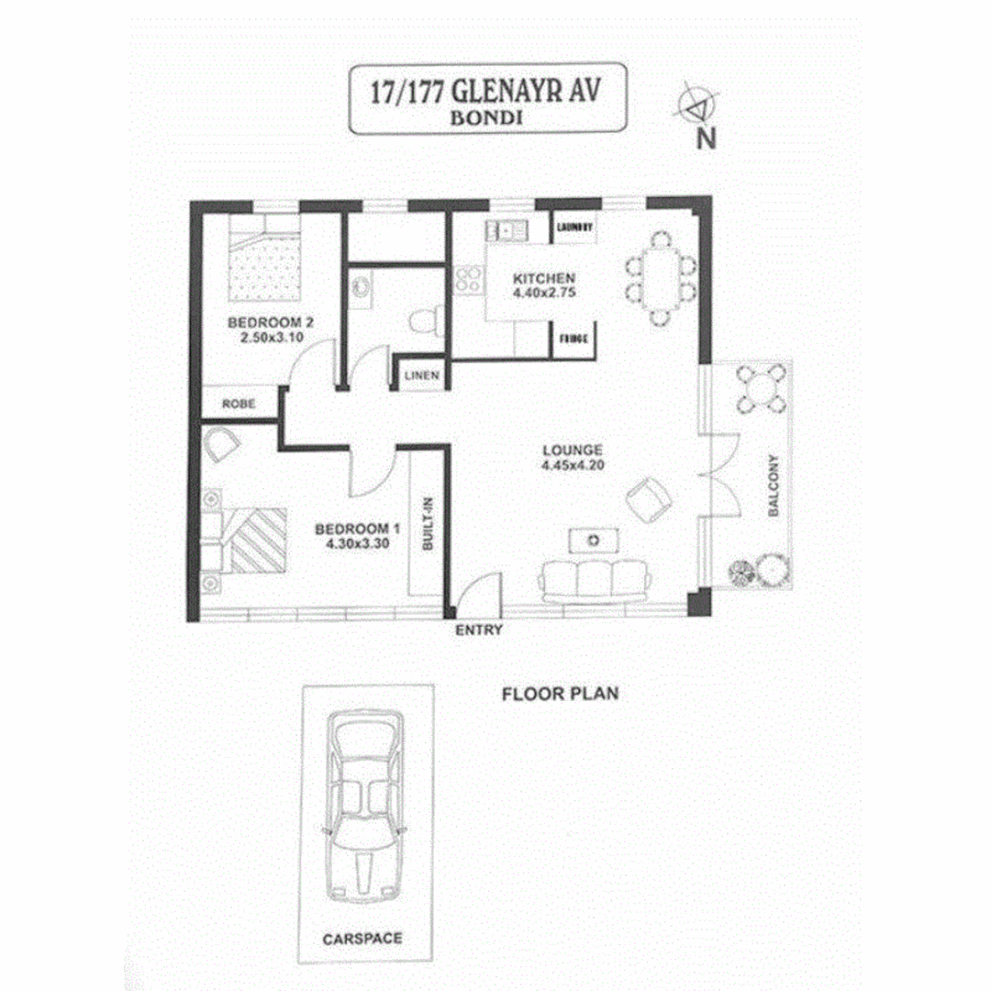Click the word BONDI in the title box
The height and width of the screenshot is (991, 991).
pyautogui.click(x=486, y=118)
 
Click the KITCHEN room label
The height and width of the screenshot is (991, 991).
pyautogui.click(x=544, y=278)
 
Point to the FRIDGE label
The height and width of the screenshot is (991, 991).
pyautogui.click(x=573, y=340)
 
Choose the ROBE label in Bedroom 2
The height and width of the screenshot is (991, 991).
pyautogui.click(x=239, y=403)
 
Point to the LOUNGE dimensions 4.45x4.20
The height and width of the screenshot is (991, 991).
pyautogui.click(x=572, y=463)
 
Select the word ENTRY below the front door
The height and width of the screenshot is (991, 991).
pyautogui.click(x=479, y=629)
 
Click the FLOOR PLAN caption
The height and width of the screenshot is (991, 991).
pyautogui.click(x=560, y=694)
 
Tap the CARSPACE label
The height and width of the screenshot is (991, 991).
pyautogui.click(x=362, y=940)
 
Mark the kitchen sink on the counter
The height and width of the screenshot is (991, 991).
pyautogui.click(x=506, y=229)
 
